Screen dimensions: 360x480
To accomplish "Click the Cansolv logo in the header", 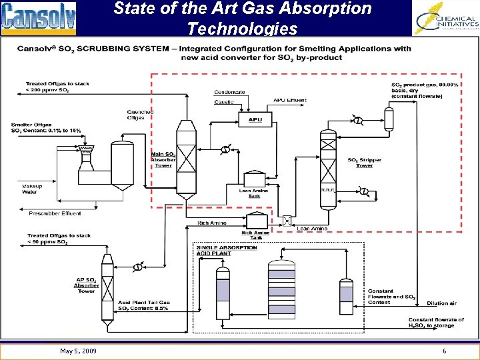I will (39, 17).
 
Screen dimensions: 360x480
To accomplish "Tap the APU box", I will (255, 120).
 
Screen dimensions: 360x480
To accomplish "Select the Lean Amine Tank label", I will (253, 193).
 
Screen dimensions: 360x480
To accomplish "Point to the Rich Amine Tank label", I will (256, 235).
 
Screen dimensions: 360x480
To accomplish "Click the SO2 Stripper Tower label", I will (361, 162).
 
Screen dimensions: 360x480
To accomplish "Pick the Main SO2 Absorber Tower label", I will (163, 160).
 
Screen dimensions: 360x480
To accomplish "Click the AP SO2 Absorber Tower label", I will (87, 285).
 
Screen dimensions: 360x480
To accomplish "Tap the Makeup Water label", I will (31, 189).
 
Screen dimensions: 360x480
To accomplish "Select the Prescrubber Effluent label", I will (55, 213).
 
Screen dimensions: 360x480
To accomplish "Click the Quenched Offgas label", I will (140, 115).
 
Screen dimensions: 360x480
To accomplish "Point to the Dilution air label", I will (441, 303).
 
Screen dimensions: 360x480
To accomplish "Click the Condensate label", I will (229, 92).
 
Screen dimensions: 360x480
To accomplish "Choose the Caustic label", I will (224, 102).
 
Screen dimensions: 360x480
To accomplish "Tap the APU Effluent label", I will (290, 101).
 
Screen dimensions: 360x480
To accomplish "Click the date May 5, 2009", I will (78, 351).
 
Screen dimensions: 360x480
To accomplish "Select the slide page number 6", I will (444, 351).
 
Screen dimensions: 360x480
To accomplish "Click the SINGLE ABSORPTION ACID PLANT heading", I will (227, 250).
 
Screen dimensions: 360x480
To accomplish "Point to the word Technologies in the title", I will (242, 29).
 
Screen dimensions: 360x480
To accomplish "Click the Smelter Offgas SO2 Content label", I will (46, 127).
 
